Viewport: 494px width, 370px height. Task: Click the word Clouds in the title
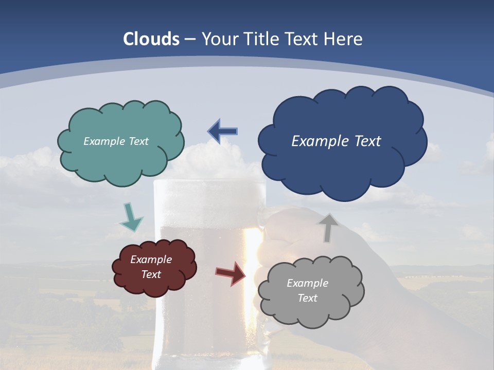click(x=151, y=39)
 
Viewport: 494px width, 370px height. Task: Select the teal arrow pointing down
click(x=131, y=217)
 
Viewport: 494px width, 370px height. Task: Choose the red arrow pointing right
click(x=231, y=273)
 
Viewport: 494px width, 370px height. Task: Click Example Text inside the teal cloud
click(x=116, y=141)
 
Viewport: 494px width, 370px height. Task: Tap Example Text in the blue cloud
click(x=336, y=141)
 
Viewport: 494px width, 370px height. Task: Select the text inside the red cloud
click(x=151, y=267)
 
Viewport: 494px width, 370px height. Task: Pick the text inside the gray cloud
click(x=307, y=291)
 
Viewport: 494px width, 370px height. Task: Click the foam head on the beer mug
click(x=206, y=195)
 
